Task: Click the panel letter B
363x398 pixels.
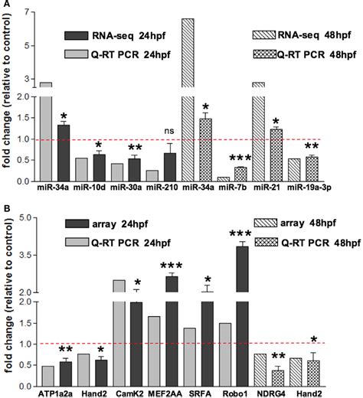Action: click(5, 209)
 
